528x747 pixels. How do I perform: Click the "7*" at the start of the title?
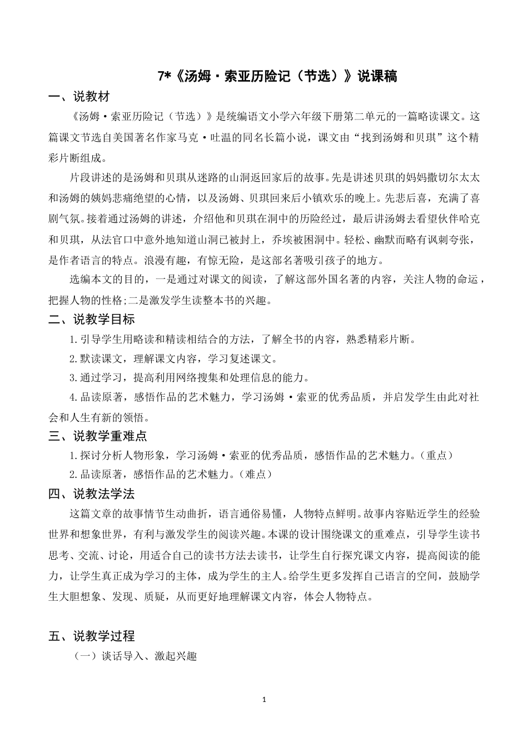pyautogui.click(x=164, y=77)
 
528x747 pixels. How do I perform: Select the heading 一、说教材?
pyautogui.click(x=79, y=97)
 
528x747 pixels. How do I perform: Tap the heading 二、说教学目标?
pyautogui.click(x=92, y=320)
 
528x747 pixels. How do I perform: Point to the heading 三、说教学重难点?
pyautogui.click(x=98, y=436)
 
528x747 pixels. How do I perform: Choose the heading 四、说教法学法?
pyautogui.click(x=92, y=494)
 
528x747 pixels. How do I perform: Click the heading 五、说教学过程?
pyautogui.click(x=92, y=636)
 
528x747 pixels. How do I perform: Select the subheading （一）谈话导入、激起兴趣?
pyautogui.click(x=136, y=656)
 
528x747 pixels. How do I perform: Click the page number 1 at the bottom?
pyautogui.click(x=264, y=699)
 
